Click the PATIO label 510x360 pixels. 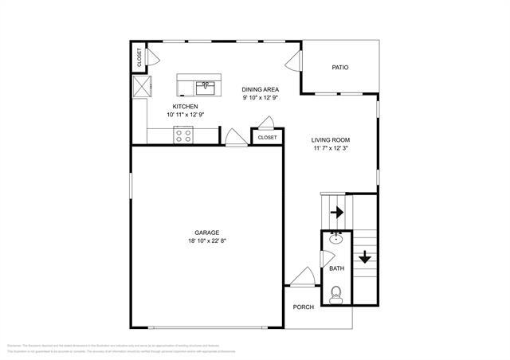(x=340, y=68)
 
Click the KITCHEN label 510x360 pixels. (x=185, y=106)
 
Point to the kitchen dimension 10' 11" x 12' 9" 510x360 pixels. (x=185, y=115)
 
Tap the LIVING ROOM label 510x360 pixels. (x=331, y=139)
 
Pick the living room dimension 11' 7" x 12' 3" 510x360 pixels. (x=331, y=148)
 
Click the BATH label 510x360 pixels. (x=336, y=268)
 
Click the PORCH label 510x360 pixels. (x=303, y=307)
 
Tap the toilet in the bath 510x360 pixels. (x=336, y=295)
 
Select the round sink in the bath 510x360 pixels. (x=336, y=237)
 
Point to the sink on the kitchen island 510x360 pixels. (x=206, y=85)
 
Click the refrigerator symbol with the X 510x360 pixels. (x=141, y=86)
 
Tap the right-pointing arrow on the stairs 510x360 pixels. (x=336, y=213)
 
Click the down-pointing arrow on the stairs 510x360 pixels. (x=364, y=256)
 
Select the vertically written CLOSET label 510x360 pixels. (x=139, y=57)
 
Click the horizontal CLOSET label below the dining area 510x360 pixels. (x=267, y=137)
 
